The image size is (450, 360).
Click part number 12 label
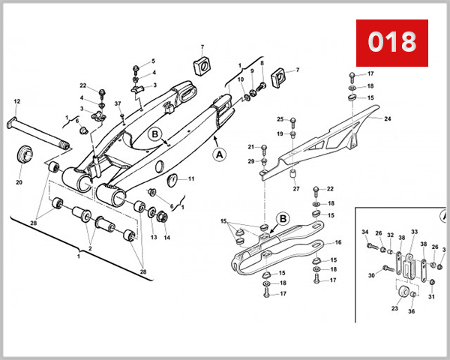click(16, 101)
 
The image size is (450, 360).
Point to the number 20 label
click(19, 182)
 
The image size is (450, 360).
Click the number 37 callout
click(118, 103)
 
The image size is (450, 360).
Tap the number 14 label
click(167, 237)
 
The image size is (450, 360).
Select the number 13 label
click(153, 237)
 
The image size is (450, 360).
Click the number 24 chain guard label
click(388, 118)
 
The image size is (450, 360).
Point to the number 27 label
click(296, 188)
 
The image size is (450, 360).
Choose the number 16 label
click(337, 242)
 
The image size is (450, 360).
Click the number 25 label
click(280, 119)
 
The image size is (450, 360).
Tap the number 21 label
click(252, 147)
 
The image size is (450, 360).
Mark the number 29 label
click(251, 161)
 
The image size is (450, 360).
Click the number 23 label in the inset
click(394, 307)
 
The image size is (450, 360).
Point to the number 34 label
click(365, 232)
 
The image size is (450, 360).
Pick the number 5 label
click(153, 61)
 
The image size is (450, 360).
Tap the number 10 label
click(240, 79)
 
